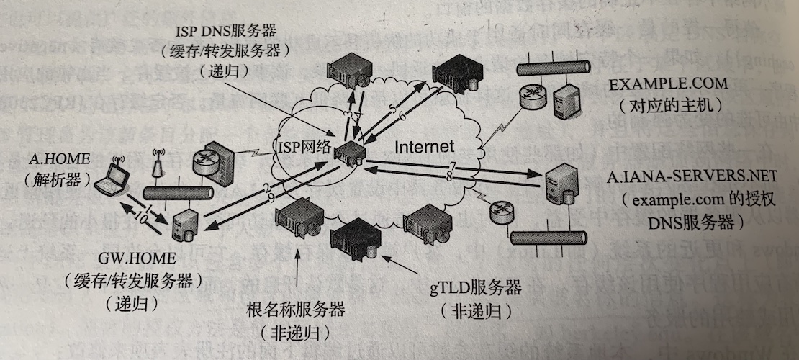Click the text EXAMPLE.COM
coord(668,84)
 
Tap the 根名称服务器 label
coord(295,311)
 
